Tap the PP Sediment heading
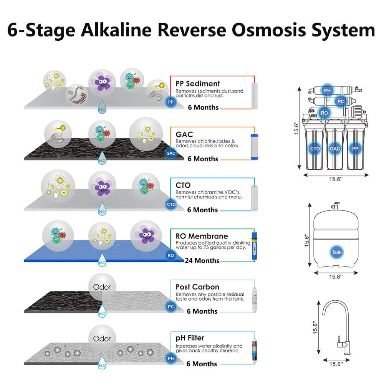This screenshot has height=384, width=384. coord(198,83)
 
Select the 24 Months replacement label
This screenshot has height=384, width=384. coord(202,261)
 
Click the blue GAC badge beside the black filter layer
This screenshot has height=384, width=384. coord(171,153)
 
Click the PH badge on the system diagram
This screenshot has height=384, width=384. coord(327,91)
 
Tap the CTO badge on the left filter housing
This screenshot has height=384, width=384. coord(315,148)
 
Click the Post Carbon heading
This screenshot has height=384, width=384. coord(197,287)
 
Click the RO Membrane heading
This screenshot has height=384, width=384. coord(202,236)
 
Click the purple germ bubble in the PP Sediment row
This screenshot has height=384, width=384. coord(102,82)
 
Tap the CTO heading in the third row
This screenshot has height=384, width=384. coord(183,185)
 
